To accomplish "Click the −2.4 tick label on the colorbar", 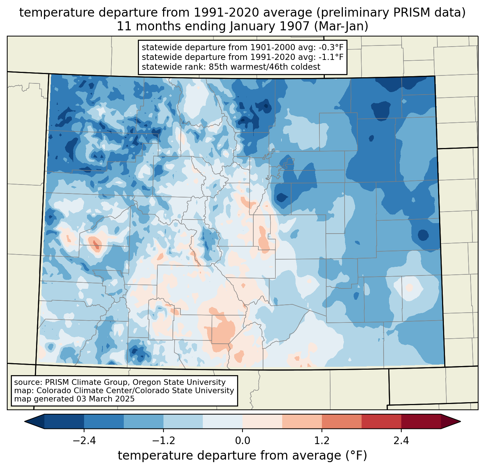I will (x=84, y=441).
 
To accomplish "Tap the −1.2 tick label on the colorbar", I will (x=163, y=441).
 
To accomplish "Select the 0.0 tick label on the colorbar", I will (x=242, y=441).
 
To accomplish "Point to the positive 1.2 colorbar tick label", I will (x=322, y=441).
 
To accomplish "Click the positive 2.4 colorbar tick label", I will (x=401, y=441).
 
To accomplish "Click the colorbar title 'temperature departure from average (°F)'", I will (x=242, y=455).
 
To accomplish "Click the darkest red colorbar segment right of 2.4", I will (x=421, y=421).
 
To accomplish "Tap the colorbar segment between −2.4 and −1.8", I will (x=104, y=421).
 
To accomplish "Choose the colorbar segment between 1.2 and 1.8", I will (x=341, y=421).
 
